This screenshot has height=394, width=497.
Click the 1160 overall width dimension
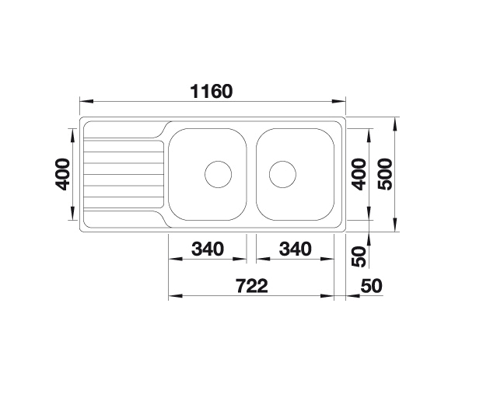click(212, 91)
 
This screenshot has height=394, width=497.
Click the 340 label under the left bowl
click(207, 249)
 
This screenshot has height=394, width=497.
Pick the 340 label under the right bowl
click(294, 249)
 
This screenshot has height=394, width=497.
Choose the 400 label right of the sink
click(359, 176)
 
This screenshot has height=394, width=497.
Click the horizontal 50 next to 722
click(372, 286)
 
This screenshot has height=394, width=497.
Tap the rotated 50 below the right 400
click(359, 256)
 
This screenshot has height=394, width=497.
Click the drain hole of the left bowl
click(218, 174)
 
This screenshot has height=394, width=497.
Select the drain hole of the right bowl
click(282, 174)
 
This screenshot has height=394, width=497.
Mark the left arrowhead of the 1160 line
click(83, 102)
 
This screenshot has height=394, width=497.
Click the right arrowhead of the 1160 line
click(341, 102)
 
